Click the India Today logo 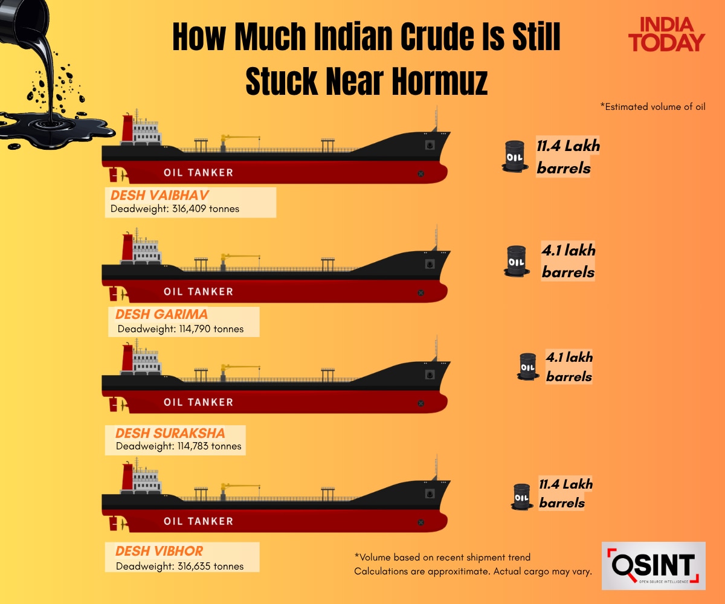(x=666, y=34)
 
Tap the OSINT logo (x=653, y=565)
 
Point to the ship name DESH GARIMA (x=161, y=314)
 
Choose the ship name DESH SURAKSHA (x=170, y=433)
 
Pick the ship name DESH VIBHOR (x=159, y=551)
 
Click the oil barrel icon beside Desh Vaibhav (x=514, y=156)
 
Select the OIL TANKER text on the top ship (x=198, y=172)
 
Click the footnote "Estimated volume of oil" (x=653, y=107)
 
